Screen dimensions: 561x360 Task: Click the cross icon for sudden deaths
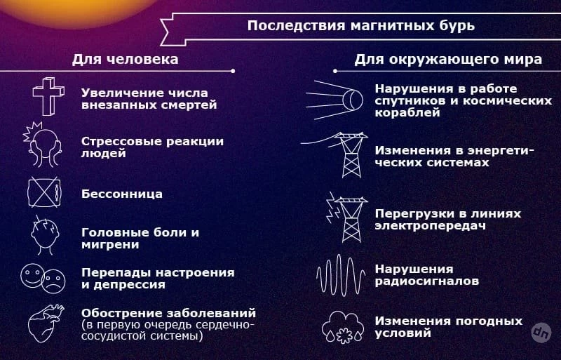48,96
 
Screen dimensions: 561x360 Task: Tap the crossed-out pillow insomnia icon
44,192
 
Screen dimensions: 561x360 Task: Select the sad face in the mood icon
54,281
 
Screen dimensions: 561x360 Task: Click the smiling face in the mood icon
32,276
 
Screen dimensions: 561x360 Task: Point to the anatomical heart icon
46,324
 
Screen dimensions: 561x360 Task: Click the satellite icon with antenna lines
334,100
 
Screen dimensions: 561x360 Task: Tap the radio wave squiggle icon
341,276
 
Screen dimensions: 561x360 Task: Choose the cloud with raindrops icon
343,328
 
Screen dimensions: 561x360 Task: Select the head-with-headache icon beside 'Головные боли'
45,235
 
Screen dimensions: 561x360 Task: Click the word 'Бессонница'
122,194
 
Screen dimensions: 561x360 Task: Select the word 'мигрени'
110,245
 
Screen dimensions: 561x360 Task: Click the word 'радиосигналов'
427,281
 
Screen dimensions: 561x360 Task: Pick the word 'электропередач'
431,226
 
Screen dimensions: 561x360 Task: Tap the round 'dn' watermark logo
541,333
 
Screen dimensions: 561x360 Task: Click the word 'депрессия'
129,285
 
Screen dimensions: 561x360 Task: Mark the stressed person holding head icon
42,145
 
